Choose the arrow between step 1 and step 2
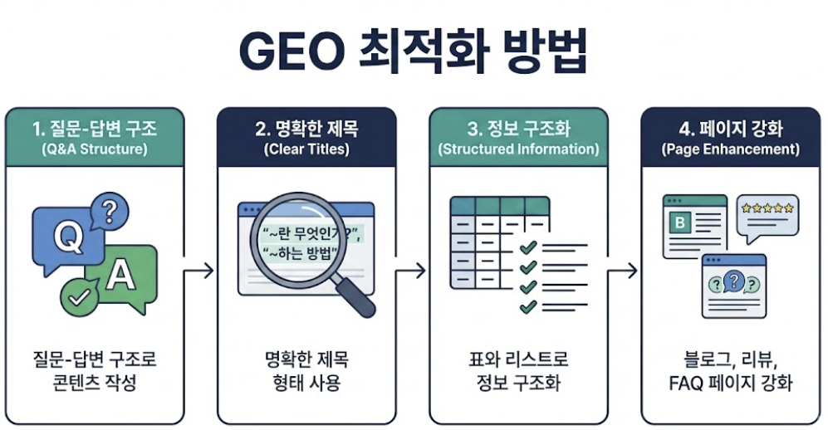click(x=199, y=271)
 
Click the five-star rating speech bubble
click(x=767, y=214)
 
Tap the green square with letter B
click(x=682, y=222)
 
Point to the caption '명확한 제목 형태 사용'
click(x=305, y=371)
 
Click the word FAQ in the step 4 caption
click(x=685, y=384)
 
